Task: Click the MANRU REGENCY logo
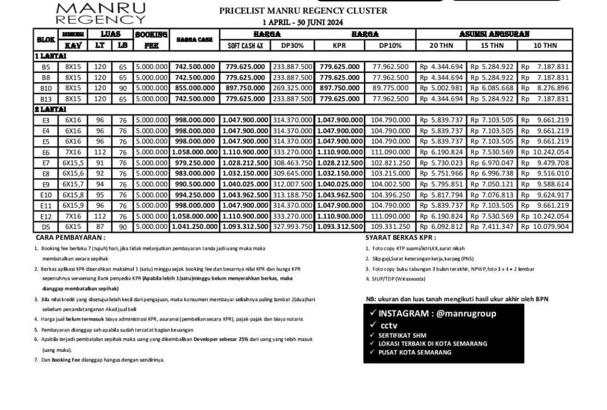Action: click(101, 13)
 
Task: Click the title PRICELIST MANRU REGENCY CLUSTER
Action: click(303, 11)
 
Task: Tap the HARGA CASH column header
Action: click(194, 40)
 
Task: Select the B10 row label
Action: click(46, 88)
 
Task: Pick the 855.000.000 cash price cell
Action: click(195, 88)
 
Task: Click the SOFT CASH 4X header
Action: click(245, 46)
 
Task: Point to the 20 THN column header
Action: click(441, 46)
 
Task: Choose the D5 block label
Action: click(46, 227)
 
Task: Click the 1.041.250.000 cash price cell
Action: click(195, 227)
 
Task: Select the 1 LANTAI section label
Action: click(51, 56)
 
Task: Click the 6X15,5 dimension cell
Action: click(73, 163)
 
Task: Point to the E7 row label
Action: click(46, 163)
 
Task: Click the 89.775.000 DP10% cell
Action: click(391, 88)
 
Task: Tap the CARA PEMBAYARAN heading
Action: click(70, 237)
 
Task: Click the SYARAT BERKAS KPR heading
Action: click(400, 237)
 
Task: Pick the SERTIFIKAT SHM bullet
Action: click(402, 335)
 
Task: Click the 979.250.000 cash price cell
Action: click(195, 163)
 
